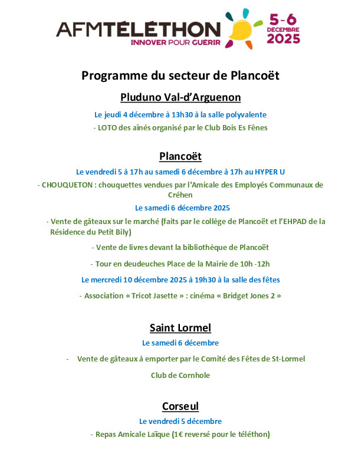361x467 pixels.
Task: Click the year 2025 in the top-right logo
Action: (x=284, y=39)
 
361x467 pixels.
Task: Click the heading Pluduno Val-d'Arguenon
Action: (x=180, y=97)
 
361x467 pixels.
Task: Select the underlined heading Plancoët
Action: (x=180, y=156)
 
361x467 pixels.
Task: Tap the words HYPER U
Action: (x=270, y=172)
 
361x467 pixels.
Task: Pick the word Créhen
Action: (x=180, y=195)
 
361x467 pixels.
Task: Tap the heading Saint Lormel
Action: (x=180, y=328)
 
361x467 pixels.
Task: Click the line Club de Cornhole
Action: (x=180, y=375)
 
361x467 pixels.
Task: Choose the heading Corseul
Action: (x=180, y=406)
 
